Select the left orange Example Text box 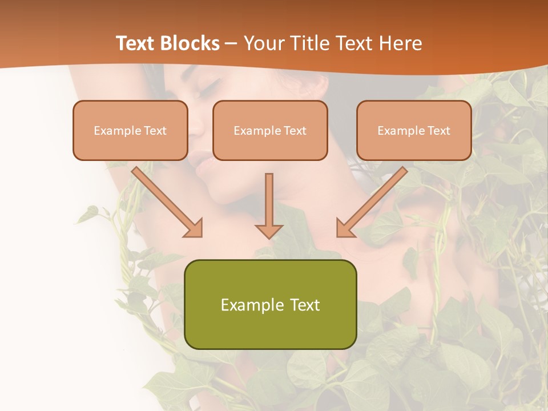(130, 130)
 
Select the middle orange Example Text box (270, 130)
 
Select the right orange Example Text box (414, 130)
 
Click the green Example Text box (270, 304)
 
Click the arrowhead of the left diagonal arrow (194, 228)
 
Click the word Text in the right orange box (438, 130)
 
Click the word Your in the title (263, 43)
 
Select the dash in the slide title (231, 43)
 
